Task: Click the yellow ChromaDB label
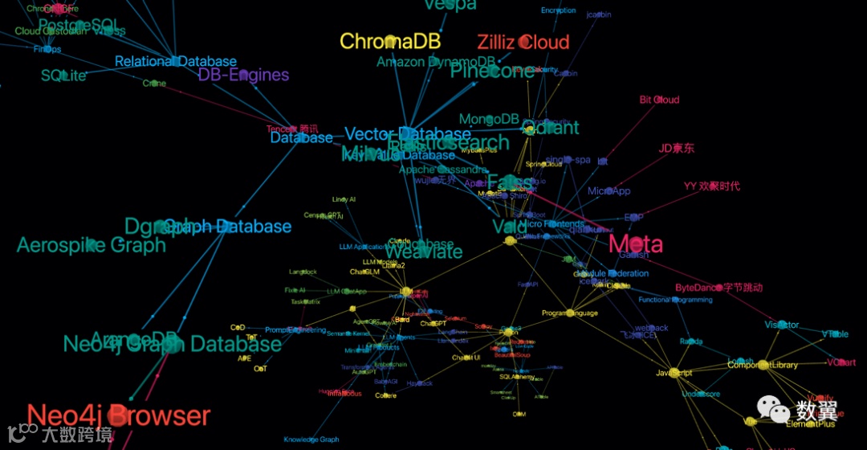[390, 42]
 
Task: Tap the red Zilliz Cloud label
[523, 43]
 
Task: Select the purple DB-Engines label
[243, 75]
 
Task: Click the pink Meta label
[636, 244]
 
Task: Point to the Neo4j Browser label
[118, 415]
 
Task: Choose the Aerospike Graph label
[91, 245]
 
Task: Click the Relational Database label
[176, 61]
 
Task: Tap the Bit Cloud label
[659, 100]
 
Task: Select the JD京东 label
[676, 148]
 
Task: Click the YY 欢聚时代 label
[711, 186]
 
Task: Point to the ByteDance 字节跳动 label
[718, 287]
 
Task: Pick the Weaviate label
[424, 252]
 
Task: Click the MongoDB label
[489, 119]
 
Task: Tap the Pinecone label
[491, 72]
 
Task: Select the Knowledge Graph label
[311, 440]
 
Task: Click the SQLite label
[63, 76]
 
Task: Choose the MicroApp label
[609, 191]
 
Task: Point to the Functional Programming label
[675, 300]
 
